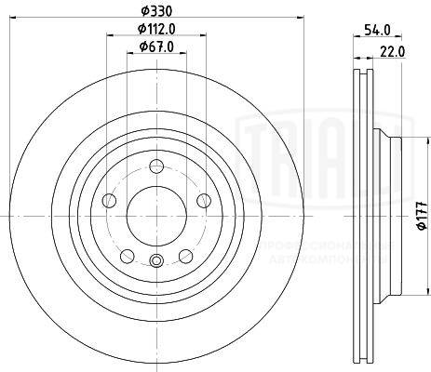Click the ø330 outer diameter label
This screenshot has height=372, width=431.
click(x=156, y=10)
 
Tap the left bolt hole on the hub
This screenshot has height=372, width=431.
click(x=111, y=201)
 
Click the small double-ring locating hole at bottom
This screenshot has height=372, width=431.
click(x=156, y=260)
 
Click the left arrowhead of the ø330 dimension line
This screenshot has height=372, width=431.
click(x=20, y=17)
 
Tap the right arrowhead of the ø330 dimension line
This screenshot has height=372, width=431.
click(x=303, y=17)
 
